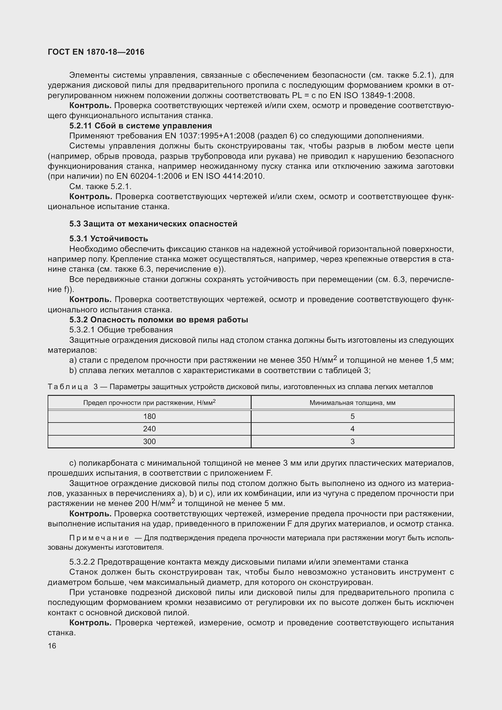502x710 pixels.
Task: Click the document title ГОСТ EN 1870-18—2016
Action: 96,52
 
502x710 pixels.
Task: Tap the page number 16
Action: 52,646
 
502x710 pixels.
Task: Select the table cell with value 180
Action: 149,416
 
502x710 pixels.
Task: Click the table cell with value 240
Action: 149,429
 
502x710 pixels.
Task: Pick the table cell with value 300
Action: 149,442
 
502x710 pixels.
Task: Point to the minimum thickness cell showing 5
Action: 352,416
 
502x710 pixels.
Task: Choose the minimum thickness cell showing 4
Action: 352,429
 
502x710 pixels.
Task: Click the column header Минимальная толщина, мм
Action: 352,403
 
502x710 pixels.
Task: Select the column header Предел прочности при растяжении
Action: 149,403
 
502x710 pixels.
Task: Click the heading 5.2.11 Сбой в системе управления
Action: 141,126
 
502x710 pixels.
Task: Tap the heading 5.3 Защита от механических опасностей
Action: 153,224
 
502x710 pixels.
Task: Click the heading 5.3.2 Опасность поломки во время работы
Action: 158,320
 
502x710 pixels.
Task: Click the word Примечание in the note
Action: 99,538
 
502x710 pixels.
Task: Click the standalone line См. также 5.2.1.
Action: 100,186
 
